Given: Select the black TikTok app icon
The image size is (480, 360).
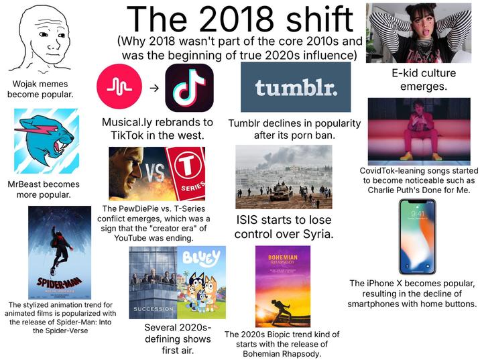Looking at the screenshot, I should pyautogui.click(x=189, y=87).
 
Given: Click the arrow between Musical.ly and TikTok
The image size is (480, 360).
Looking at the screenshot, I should pyautogui.click(x=154, y=88).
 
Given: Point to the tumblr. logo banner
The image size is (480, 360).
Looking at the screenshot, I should pyautogui.click(x=295, y=88).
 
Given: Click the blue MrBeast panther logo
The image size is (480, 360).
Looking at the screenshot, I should pyautogui.click(x=47, y=141).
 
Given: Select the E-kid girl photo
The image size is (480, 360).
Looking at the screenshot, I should pyautogui.click(x=418, y=32).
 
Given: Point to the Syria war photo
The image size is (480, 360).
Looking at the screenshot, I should pyautogui.click(x=284, y=176).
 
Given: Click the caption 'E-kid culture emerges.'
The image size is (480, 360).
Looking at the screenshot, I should pyautogui.click(x=419, y=80).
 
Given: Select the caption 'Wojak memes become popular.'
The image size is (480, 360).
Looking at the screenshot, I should pyautogui.click(x=40, y=89).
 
